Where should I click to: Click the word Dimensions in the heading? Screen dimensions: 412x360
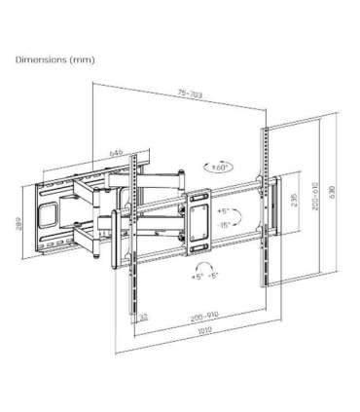[x=40, y=58]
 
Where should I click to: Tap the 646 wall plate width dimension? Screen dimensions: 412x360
[x=117, y=152]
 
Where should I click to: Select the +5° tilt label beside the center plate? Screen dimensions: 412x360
[x=224, y=209]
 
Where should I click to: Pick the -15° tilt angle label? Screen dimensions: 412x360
[x=224, y=225]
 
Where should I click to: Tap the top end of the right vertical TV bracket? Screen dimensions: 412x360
[x=264, y=130]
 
